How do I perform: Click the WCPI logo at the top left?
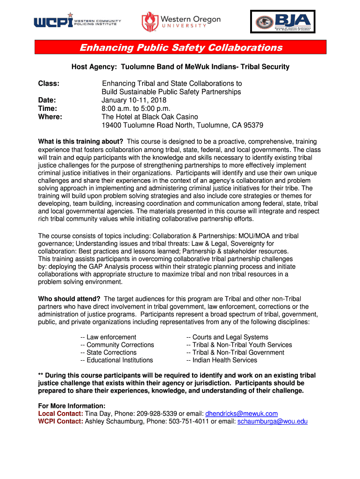[77, 21]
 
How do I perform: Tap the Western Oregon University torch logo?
[150, 22]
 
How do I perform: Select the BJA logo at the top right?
[282, 21]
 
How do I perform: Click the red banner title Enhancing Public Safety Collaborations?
[180, 48]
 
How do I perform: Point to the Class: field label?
[49, 83]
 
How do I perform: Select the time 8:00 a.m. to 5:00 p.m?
[139, 109]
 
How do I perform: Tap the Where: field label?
[50, 117]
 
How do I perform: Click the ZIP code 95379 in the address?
[252, 125]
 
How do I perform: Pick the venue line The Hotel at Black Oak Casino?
[150, 117]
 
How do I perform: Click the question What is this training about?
[80, 142]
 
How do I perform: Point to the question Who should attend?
[69, 299]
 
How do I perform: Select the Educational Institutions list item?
[117, 360]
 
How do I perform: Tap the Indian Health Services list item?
[222, 360]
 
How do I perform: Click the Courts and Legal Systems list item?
[227, 337]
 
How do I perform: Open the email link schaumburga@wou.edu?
[273, 421]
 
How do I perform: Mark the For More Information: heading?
[72, 406]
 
